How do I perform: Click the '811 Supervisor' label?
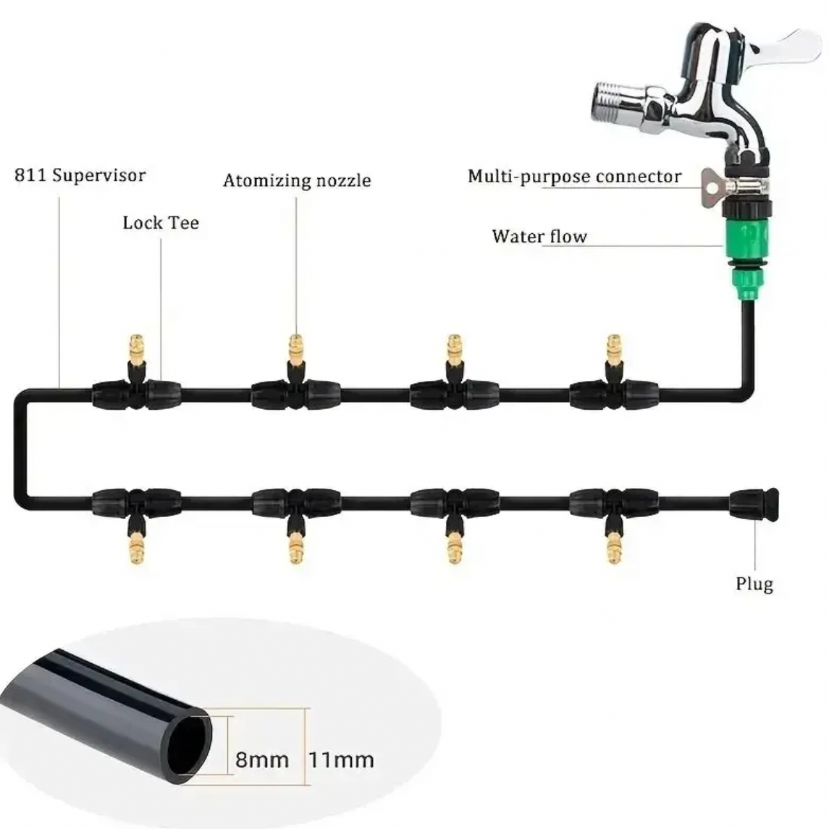click(80, 175)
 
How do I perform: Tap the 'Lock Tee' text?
click(161, 222)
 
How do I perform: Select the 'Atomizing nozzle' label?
click(297, 180)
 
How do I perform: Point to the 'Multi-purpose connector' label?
click(575, 177)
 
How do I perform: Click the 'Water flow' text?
click(539, 236)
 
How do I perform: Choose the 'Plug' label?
click(754, 584)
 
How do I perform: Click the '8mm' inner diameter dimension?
click(261, 760)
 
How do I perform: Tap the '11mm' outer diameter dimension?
click(341, 760)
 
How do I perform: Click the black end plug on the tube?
click(754, 505)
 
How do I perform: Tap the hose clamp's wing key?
click(712, 188)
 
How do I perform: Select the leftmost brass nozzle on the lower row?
click(136, 547)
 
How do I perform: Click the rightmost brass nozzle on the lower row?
click(614, 547)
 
